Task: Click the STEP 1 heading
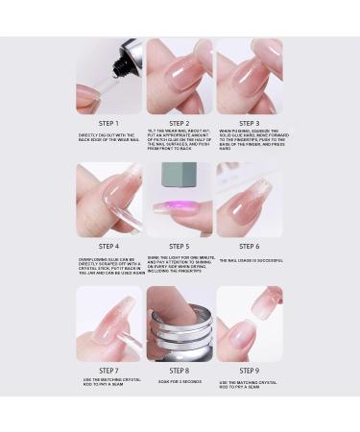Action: [108, 123]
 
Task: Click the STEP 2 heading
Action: [180, 123]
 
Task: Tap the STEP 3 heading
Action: [250, 123]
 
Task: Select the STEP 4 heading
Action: [108, 247]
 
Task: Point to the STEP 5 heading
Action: [180, 247]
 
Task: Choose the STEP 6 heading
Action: [250, 247]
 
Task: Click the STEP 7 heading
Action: [108, 371]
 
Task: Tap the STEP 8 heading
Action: [180, 371]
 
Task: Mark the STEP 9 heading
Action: [250, 371]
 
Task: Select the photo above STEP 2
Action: [180, 76]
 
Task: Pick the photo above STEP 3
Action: [250, 76]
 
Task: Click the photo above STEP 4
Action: [108, 200]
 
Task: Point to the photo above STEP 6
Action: [250, 200]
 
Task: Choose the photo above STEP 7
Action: [108, 324]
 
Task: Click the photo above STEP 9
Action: [250, 324]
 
